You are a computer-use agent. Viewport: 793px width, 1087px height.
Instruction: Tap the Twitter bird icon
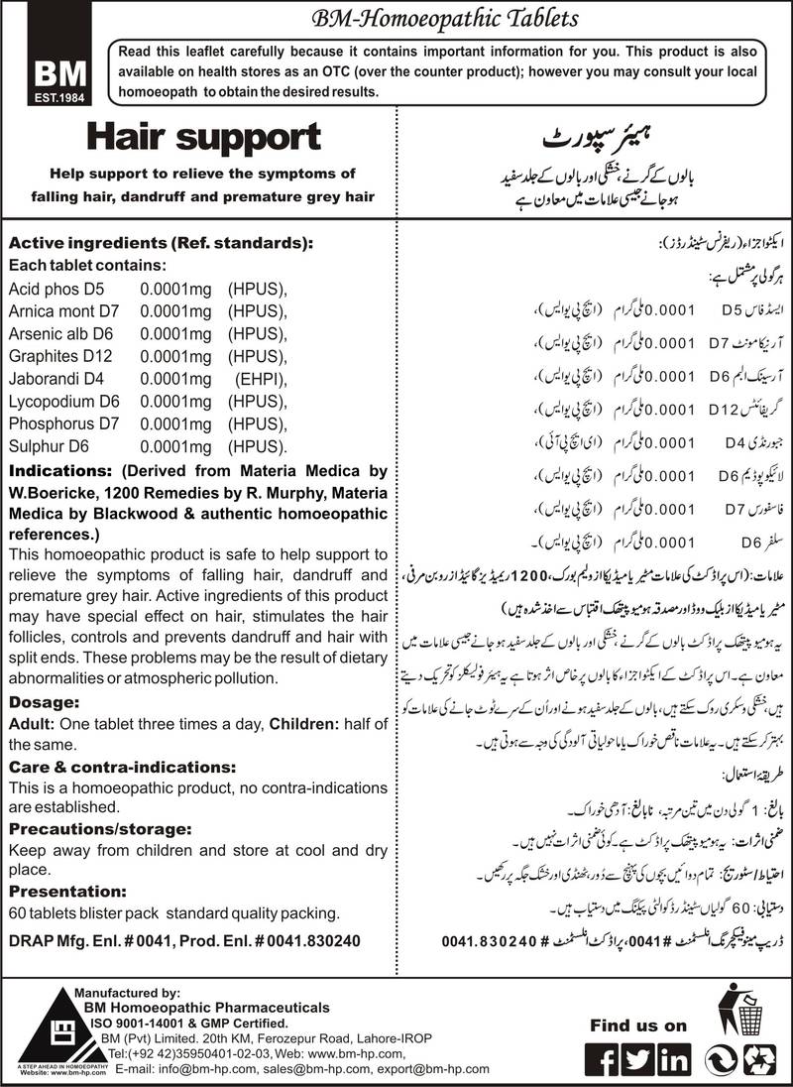pos(637,1057)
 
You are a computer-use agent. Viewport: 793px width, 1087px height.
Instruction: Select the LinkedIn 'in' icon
pos(675,1057)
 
